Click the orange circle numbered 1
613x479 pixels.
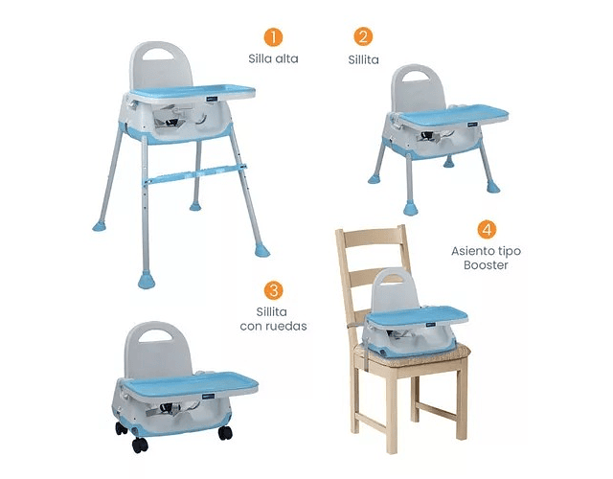click(273, 37)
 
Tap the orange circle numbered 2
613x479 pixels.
click(363, 36)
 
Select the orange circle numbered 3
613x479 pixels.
click(273, 290)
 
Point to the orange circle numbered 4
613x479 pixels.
click(487, 230)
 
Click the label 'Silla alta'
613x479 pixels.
click(273, 59)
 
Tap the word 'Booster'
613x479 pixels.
click(486, 265)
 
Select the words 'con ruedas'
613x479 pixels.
click(273, 326)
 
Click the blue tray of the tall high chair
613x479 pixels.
click(193, 92)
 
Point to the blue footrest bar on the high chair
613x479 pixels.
click(195, 173)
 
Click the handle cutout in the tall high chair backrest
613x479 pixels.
click(158, 56)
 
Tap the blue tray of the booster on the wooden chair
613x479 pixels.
click(418, 315)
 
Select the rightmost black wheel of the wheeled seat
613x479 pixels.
click(225, 433)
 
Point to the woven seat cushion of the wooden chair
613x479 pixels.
click(413, 355)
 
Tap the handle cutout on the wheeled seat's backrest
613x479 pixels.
click(155, 335)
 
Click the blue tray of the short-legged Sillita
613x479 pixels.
click(453, 115)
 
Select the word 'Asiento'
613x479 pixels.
click(470, 251)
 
